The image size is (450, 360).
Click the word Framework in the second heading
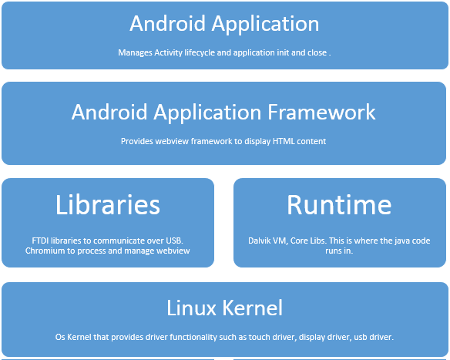click(321, 112)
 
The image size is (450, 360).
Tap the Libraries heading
click(108, 205)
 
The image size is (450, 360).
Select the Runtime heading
click(339, 205)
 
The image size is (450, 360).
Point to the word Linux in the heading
click(191, 308)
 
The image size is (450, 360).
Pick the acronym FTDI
click(40, 241)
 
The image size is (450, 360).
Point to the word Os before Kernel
click(60, 337)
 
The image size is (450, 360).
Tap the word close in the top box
click(318, 53)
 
